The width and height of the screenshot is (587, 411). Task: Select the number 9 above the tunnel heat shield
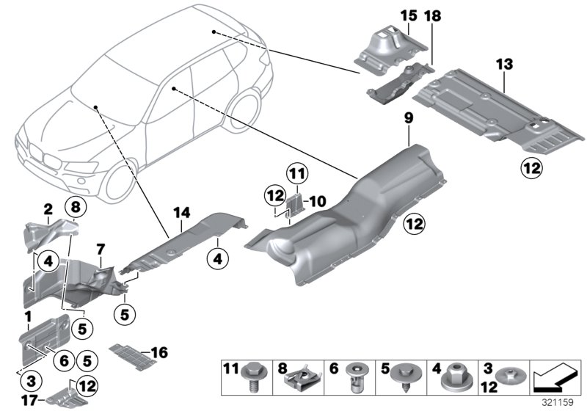[409, 117]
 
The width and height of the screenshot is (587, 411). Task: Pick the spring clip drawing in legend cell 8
[302, 378]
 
